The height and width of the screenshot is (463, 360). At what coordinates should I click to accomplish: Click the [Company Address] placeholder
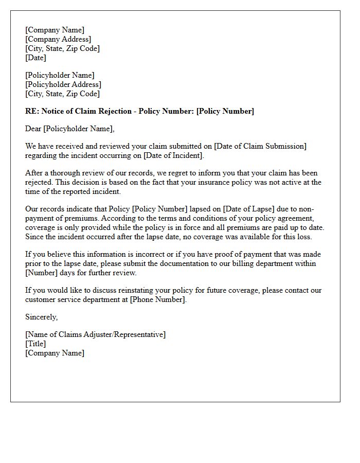pyautogui.click(x=58, y=39)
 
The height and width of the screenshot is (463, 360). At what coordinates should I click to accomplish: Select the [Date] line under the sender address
pyautogui.click(x=35, y=58)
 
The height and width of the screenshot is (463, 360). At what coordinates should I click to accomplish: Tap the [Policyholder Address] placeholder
pyautogui.click(x=63, y=84)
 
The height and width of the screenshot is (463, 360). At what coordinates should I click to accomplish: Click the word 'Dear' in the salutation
pyautogui.click(x=34, y=129)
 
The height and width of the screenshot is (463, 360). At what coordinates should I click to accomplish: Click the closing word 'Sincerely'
pyautogui.click(x=41, y=317)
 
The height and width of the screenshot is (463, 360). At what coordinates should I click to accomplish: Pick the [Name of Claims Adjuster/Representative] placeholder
pyautogui.click(x=95, y=334)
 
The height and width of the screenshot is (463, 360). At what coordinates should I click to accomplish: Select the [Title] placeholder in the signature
pyautogui.click(x=35, y=344)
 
